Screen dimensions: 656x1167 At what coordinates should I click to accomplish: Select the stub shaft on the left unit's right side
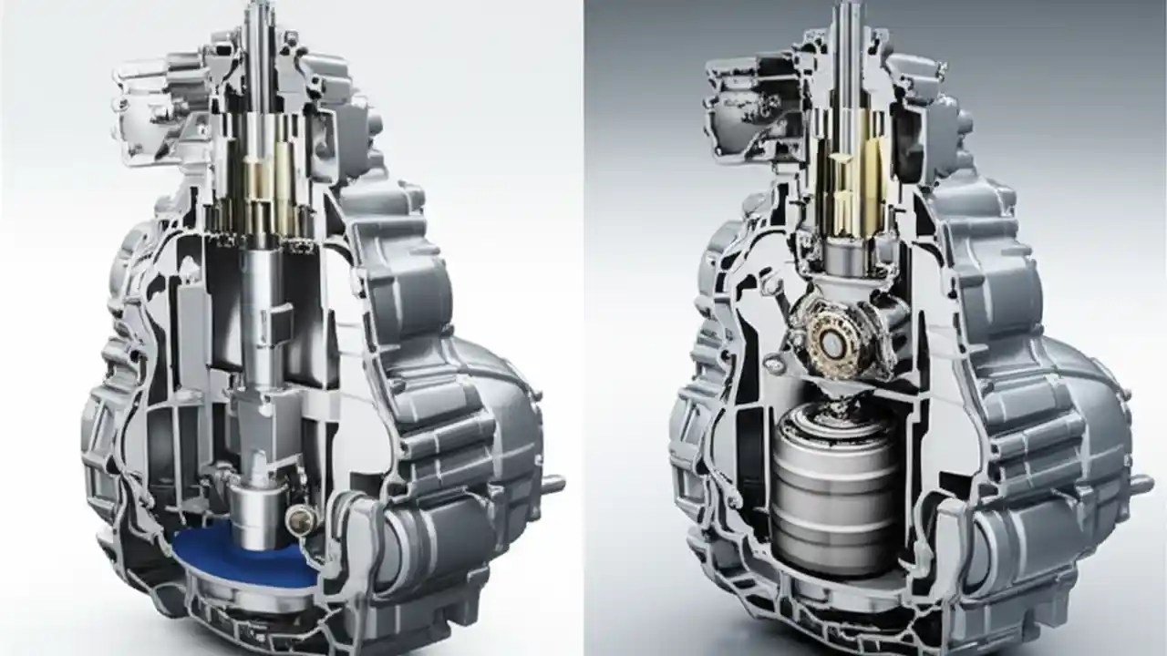pos(552,482)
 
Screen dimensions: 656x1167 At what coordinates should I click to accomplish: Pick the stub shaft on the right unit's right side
pos(1141,482)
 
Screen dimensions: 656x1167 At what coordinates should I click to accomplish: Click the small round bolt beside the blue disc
pos(300,519)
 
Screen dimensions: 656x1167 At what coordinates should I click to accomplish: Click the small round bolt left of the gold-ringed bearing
pos(774,364)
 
